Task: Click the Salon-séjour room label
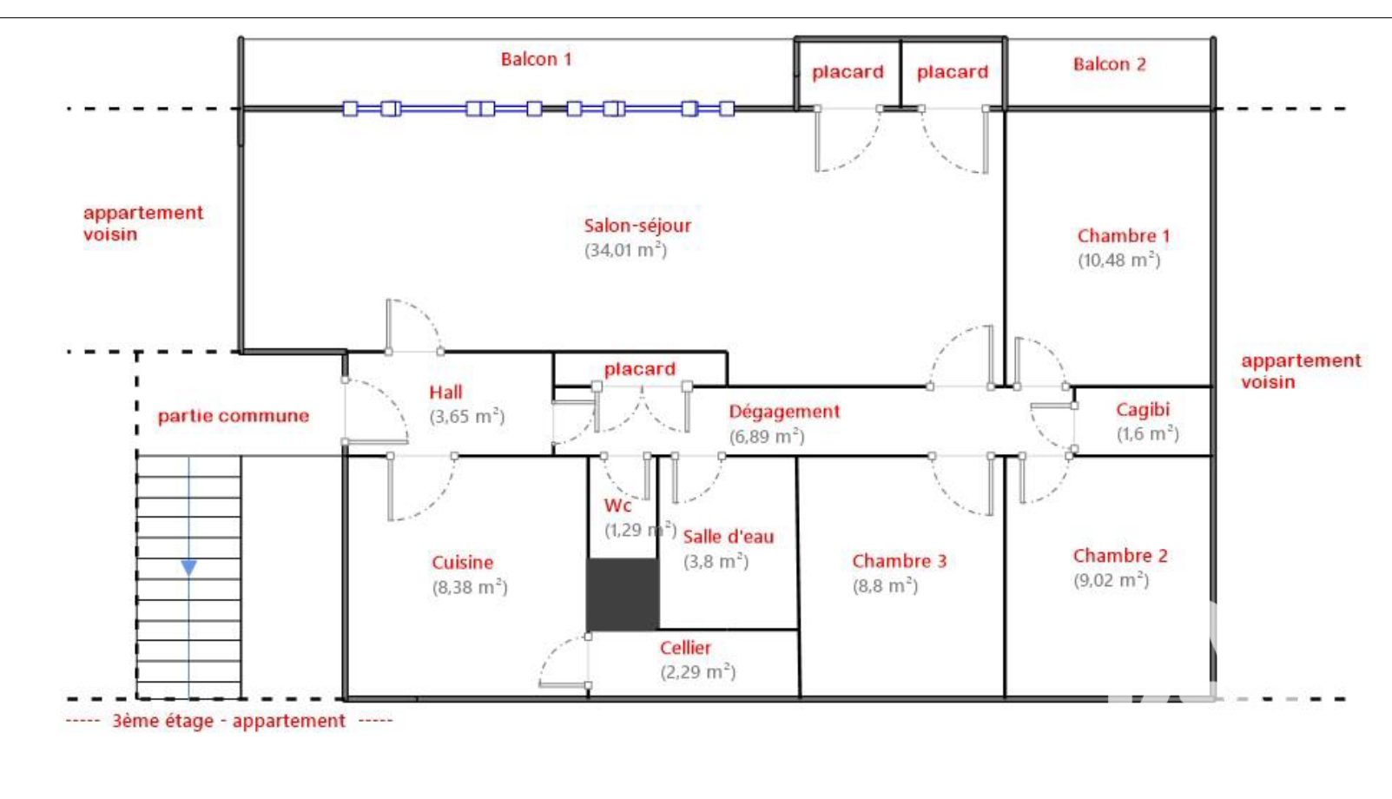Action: coord(637,226)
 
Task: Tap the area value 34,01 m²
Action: coord(625,250)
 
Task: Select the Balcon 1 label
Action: coord(536,59)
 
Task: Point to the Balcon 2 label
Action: coord(1109,64)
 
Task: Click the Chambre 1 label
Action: coord(1123,236)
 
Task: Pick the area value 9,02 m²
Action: coord(1111,580)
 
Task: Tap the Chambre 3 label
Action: coord(899,561)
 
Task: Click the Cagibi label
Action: coord(1142,409)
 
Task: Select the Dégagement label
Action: coord(784,412)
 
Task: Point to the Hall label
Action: coord(445,393)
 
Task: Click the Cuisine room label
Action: coord(462,563)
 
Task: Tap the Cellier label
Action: coord(685,648)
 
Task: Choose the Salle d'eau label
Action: coord(728,537)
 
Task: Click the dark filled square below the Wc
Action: coord(623,594)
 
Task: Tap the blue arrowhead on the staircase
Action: coord(188,568)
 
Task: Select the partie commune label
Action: coord(233,416)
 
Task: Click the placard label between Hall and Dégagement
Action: coord(639,369)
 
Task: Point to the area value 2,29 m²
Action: coord(697,672)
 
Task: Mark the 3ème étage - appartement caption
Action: coord(228,721)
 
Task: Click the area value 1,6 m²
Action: coord(1147,433)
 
